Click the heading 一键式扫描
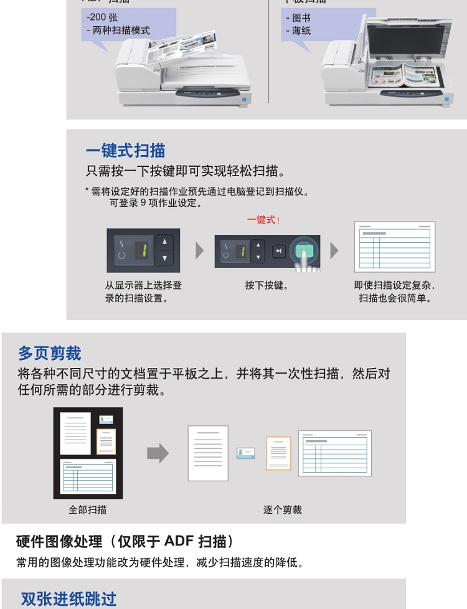tap(125, 151)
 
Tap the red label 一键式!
tap(263, 220)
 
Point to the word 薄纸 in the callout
tap(301, 30)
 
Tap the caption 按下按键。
tap(267, 285)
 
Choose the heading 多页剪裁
tap(50, 354)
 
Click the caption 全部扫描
tap(87, 509)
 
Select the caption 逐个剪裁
tap(282, 509)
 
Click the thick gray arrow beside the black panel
tap(158, 453)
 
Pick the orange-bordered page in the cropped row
tap(278, 453)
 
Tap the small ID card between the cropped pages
tap(246, 453)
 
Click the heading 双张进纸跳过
tap(68, 599)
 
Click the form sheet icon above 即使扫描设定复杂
tap(395, 247)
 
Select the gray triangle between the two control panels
tap(199, 250)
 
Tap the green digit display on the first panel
tap(141, 250)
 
